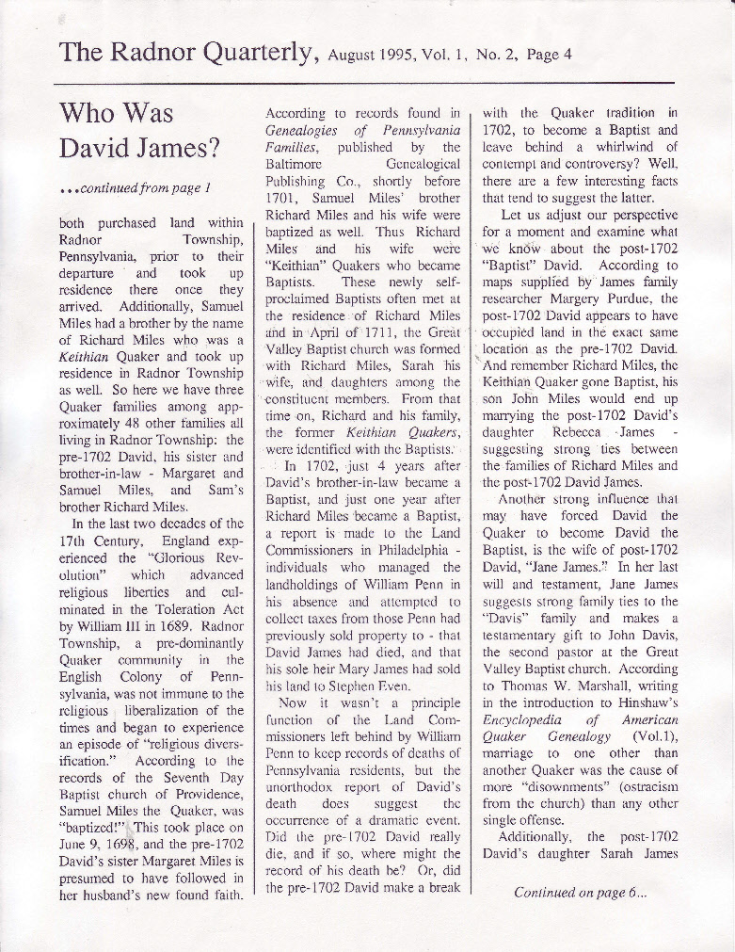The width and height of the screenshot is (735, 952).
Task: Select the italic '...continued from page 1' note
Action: [133, 187]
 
